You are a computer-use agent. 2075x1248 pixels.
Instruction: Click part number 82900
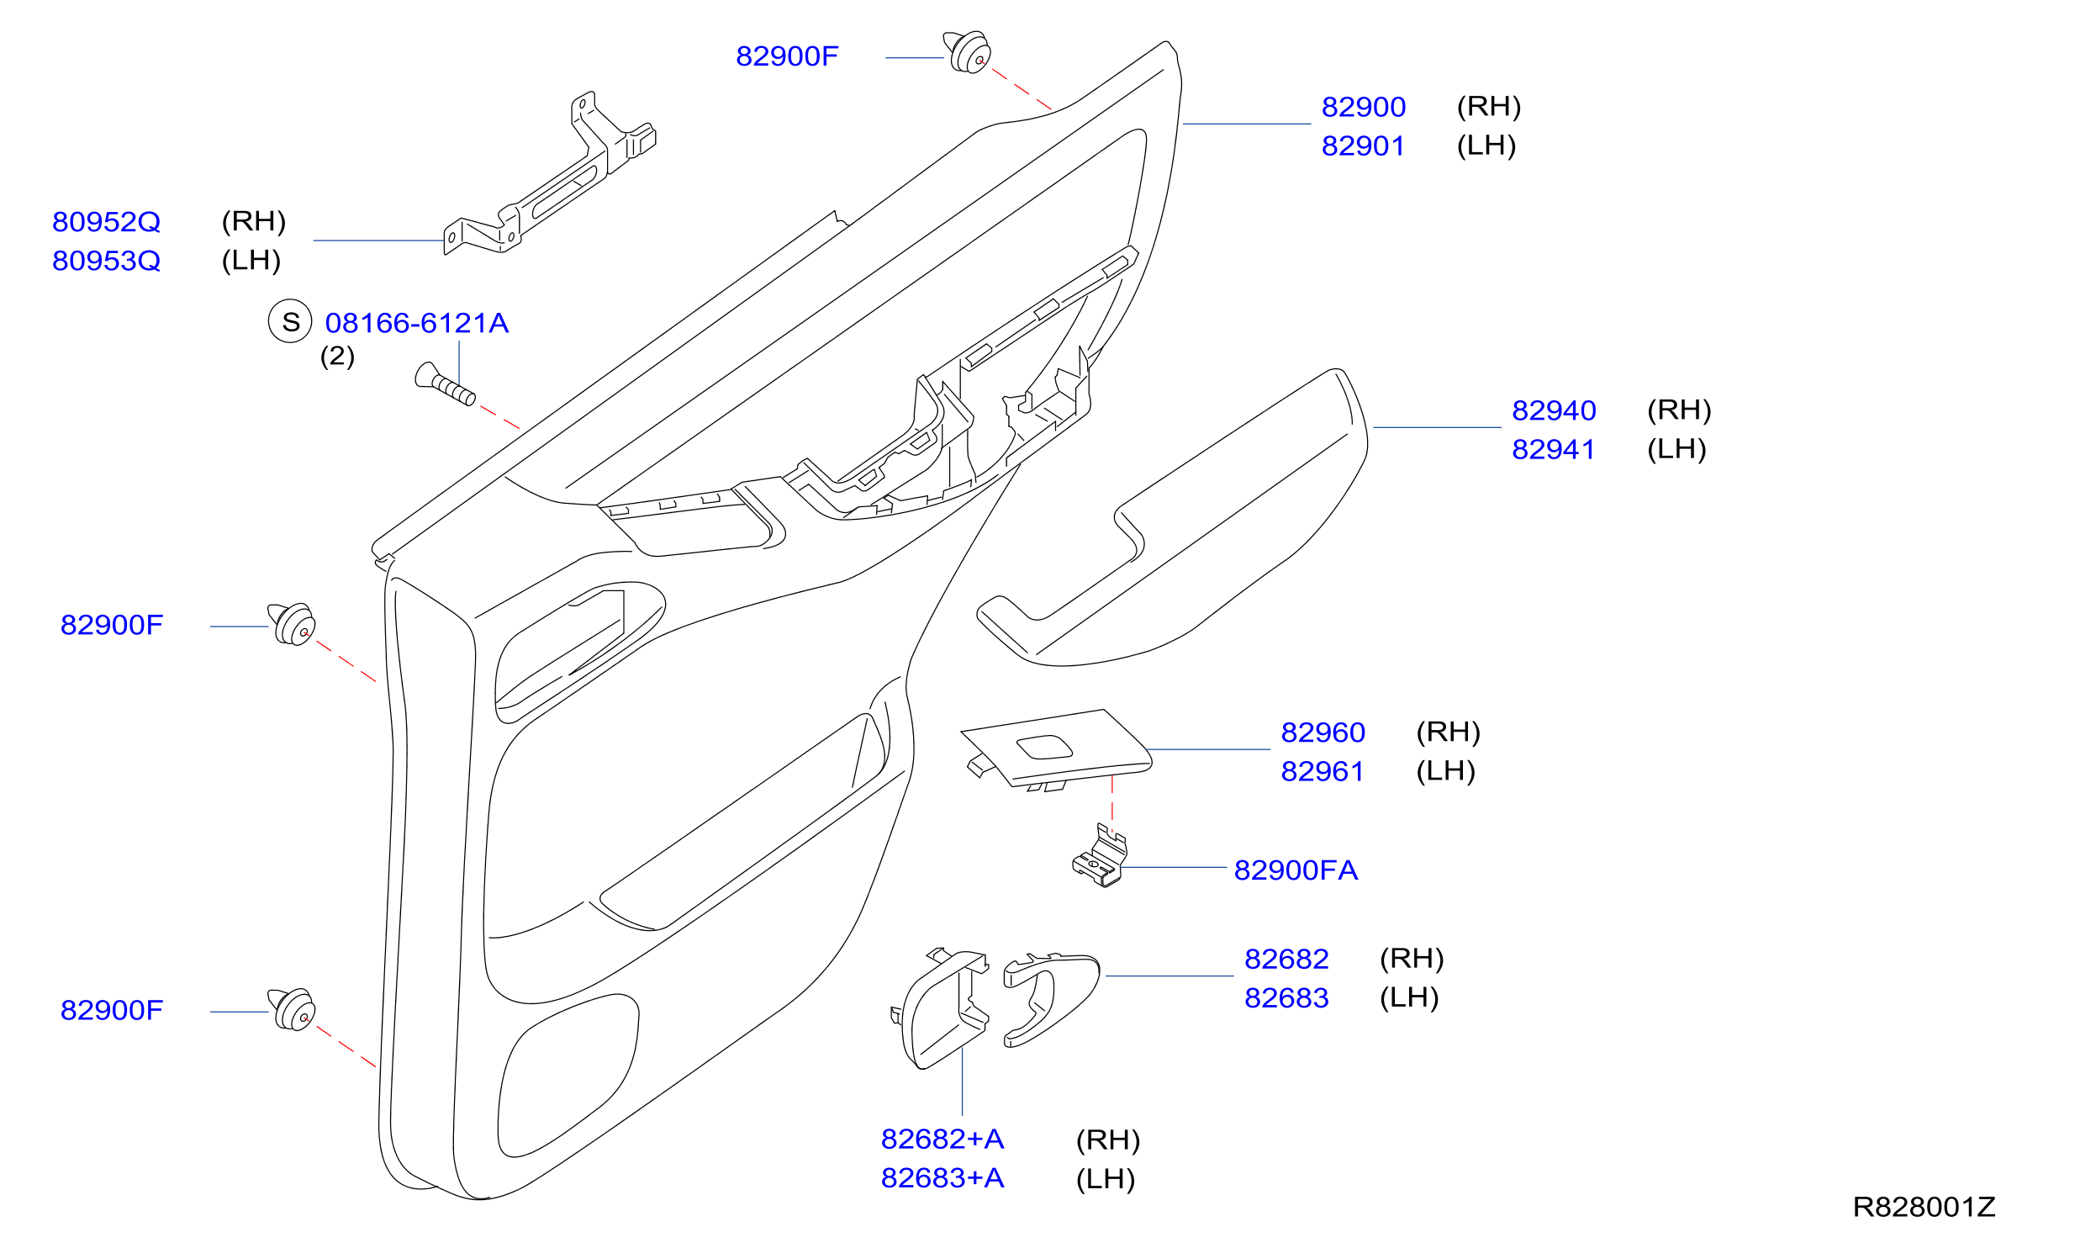point(1363,107)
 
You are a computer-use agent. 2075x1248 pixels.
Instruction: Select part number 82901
point(1363,145)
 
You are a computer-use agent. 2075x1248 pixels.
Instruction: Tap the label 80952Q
point(106,221)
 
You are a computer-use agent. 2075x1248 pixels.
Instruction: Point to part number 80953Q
point(106,261)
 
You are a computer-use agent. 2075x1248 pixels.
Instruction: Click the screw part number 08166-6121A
point(417,323)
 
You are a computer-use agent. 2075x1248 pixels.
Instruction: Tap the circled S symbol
point(290,321)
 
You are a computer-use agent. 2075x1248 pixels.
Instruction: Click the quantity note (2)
point(337,356)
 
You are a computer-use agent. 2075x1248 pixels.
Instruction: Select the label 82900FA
point(1296,870)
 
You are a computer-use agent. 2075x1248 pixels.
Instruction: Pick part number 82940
point(1554,410)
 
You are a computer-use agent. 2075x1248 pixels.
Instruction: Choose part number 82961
point(1323,771)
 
